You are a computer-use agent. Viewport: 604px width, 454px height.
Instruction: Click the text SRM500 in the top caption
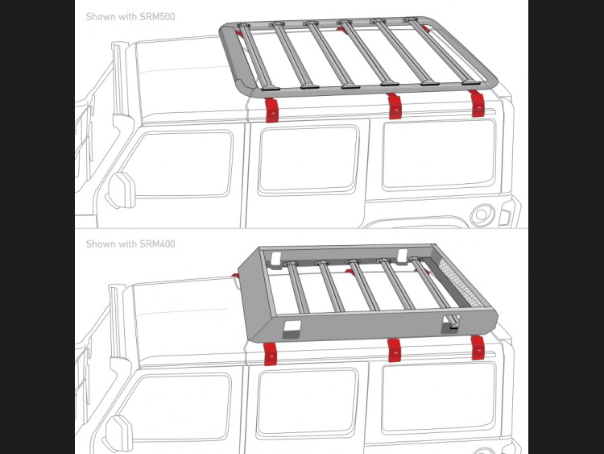(x=157, y=17)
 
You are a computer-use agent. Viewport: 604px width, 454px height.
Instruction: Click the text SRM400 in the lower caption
(x=157, y=244)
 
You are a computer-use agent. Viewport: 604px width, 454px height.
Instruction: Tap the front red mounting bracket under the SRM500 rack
(x=272, y=110)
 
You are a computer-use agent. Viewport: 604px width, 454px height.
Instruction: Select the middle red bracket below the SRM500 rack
(x=394, y=106)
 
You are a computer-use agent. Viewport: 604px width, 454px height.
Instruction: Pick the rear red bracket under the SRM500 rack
(x=478, y=103)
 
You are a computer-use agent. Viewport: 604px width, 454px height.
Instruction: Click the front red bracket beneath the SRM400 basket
(x=271, y=354)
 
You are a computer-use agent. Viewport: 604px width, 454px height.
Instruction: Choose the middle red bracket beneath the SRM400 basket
(x=394, y=350)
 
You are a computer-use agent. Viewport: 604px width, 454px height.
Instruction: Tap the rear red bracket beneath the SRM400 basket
(x=478, y=348)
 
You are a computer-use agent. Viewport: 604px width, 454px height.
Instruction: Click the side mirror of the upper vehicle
(x=122, y=190)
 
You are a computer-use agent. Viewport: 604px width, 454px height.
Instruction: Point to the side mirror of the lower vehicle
(x=118, y=433)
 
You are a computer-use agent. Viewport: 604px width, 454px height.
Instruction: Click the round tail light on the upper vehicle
(x=482, y=214)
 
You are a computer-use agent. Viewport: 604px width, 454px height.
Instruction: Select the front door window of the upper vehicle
(x=180, y=165)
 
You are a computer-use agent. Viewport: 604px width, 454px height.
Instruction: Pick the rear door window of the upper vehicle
(x=309, y=160)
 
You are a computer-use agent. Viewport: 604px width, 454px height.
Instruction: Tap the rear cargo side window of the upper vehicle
(x=439, y=154)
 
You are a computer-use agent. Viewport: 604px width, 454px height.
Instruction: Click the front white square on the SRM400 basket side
(x=292, y=328)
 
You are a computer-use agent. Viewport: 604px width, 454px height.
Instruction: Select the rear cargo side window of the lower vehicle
(x=438, y=398)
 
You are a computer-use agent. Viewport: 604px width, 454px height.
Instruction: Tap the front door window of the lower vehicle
(x=178, y=407)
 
